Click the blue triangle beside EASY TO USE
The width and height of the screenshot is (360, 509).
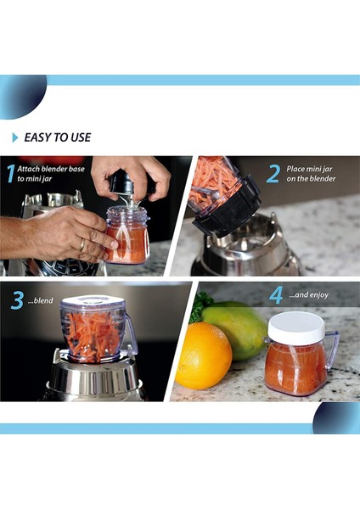coord(15,137)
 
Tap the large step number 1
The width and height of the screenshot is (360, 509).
coord(11,174)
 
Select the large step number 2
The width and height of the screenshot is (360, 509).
coord(273,174)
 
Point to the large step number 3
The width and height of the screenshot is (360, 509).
coord(17,300)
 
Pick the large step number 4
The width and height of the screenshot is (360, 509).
coord(276,294)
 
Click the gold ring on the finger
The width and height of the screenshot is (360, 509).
coord(82,245)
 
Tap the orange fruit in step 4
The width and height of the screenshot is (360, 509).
coord(204,355)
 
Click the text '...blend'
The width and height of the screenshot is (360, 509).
coord(40,300)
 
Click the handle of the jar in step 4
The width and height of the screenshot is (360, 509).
coord(331,350)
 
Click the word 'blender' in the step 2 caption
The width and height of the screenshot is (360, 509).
coord(323,178)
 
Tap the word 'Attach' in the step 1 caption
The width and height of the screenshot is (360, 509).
coord(28,169)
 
